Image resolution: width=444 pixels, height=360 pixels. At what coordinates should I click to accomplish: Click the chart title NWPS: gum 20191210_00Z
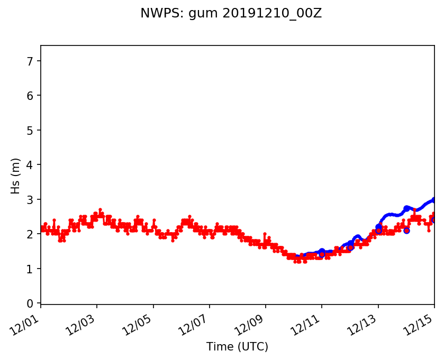pos(231,14)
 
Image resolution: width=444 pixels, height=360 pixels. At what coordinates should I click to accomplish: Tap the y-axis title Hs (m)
pos(16,176)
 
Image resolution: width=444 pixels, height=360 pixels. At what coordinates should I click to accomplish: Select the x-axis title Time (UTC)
pos(237,347)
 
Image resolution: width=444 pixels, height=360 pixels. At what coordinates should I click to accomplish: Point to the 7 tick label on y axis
pos(30,61)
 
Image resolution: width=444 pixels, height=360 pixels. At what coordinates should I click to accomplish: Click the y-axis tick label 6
pos(30,96)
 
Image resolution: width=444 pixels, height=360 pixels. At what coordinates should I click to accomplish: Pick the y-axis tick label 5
pos(30,130)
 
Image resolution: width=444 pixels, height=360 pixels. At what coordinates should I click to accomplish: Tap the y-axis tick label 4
pos(30,165)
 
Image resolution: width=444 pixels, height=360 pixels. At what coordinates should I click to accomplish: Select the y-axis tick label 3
pos(30,199)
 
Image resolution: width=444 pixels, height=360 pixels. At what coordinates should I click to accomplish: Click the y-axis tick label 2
pos(30,234)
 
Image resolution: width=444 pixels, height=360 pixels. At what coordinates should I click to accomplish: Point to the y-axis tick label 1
pos(30,269)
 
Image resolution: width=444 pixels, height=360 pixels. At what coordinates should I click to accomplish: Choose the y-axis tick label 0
pos(30,303)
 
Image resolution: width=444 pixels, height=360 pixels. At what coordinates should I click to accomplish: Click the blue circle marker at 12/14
pos(406,230)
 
